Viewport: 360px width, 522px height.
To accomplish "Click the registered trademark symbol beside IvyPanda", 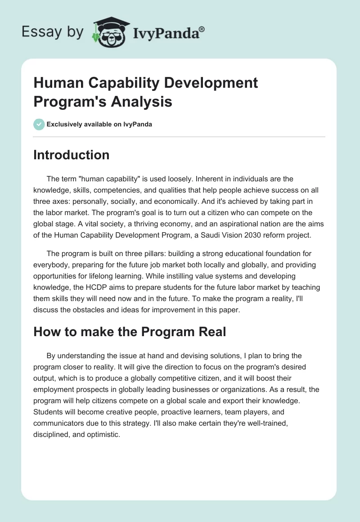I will click(202, 29).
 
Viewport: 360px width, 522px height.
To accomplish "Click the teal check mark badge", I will click(39, 124).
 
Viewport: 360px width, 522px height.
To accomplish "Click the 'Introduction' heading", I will click(71, 155).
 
